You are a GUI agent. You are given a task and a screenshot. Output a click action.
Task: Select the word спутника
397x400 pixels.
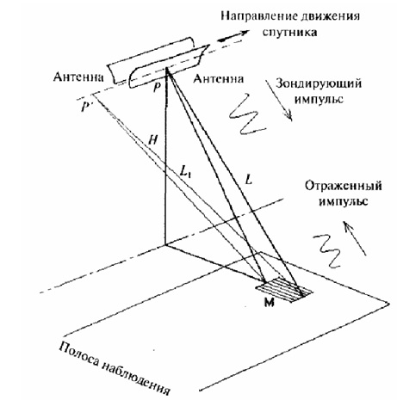pyautogui.click(x=290, y=32)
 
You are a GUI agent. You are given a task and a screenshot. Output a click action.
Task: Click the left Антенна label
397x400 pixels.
pyautogui.click(x=78, y=77)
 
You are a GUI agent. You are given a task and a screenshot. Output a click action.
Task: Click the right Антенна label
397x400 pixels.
pyautogui.click(x=218, y=78)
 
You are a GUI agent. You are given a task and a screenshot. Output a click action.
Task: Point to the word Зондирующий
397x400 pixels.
pyautogui.click(x=319, y=84)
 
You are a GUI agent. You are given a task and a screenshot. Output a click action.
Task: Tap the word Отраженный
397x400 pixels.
pyautogui.click(x=343, y=186)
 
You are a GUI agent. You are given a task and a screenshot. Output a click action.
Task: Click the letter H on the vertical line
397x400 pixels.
pyautogui.click(x=153, y=140)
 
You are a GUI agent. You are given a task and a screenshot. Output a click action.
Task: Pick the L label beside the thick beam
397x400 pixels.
pyautogui.click(x=249, y=180)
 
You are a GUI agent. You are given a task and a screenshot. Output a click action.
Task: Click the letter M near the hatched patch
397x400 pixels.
pyautogui.click(x=269, y=302)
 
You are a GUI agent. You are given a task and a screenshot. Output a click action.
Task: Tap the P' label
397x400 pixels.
pyautogui.click(x=85, y=107)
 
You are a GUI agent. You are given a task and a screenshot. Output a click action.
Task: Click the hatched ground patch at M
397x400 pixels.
pyautogui.click(x=283, y=290)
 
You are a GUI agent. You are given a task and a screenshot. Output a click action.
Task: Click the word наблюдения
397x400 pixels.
pyautogui.click(x=135, y=379)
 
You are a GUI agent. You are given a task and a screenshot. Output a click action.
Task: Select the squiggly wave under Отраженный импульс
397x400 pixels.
pyautogui.click(x=329, y=251)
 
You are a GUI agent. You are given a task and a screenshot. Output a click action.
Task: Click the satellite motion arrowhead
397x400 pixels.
pyautogui.click(x=243, y=33)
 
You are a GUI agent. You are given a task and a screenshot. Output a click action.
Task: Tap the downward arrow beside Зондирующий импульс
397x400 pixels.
pyautogui.click(x=279, y=100)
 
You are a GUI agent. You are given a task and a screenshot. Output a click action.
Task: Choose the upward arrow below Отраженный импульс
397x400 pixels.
pyautogui.click(x=356, y=238)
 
